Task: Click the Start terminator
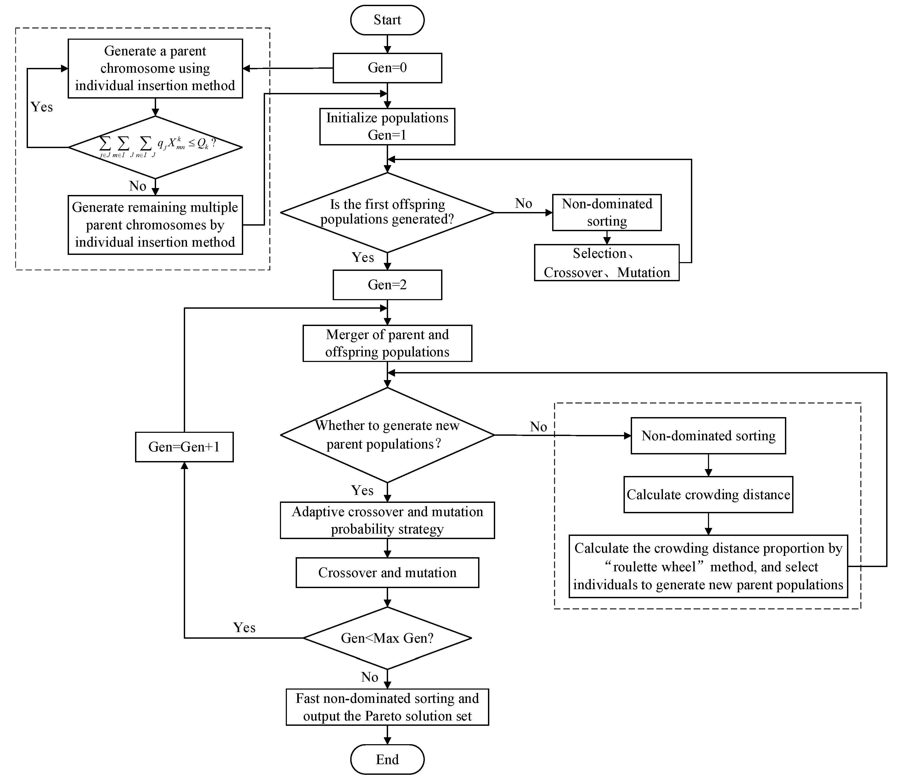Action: pyautogui.click(x=387, y=20)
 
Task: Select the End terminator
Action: pyautogui.click(x=387, y=759)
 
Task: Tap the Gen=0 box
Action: pyautogui.click(x=387, y=68)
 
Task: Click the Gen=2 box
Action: pyautogui.click(x=387, y=284)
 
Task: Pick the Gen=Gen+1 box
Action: pyautogui.click(x=184, y=447)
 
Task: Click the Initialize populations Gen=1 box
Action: pyautogui.click(x=387, y=127)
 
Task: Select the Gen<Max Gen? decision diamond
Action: pyautogui.click(x=387, y=638)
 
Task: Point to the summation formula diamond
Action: pyautogui.click(x=155, y=147)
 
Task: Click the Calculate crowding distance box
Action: pyautogui.click(x=708, y=494)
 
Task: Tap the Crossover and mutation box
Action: pyautogui.click(x=387, y=572)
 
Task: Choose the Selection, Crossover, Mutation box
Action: pyautogui.click(x=606, y=263)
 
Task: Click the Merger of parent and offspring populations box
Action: pyautogui.click(x=387, y=343)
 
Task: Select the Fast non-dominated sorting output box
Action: pyautogui.click(x=387, y=707)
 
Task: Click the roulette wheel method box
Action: pyautogui.click(x=708, y=566)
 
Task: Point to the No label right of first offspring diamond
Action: pyautogui.click(x=523, y=203)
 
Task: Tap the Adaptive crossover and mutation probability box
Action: pyautogui.click(x=387, y=520)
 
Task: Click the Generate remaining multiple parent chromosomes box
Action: pyautogui.click(x=155, y=225)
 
